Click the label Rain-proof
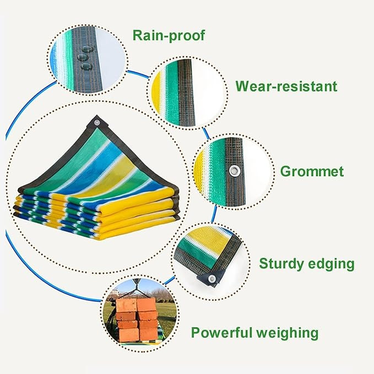point(168,36)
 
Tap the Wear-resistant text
point(286,86)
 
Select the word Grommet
point(312,171)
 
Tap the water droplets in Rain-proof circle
point(85,58)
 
